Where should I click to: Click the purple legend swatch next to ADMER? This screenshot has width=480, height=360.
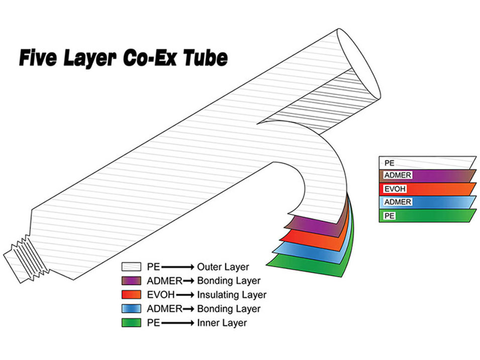(131, 280)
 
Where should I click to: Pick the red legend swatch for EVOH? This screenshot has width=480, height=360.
(131, 294)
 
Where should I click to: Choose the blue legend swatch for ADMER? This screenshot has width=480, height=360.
(131, 308)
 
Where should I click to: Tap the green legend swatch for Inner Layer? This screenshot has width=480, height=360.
(131, 322)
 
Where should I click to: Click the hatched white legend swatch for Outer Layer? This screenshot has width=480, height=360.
(131, 266)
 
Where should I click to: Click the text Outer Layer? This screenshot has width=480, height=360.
(223, 266)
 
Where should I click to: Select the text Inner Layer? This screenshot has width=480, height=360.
(223, 322)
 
